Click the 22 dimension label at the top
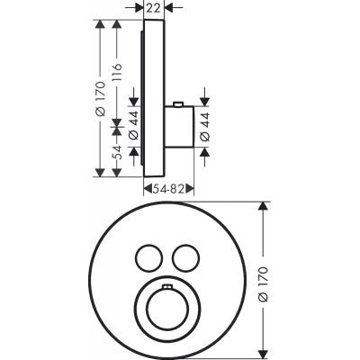[x=154, y=8]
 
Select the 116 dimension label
[x=118, y=72]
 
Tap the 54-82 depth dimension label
[x=168, y=189]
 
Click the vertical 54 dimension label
[x=118, y=152]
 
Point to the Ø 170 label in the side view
[x=101, y=98]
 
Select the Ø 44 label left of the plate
[x=134, y=125]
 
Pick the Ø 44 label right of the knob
[x=205, y=127]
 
